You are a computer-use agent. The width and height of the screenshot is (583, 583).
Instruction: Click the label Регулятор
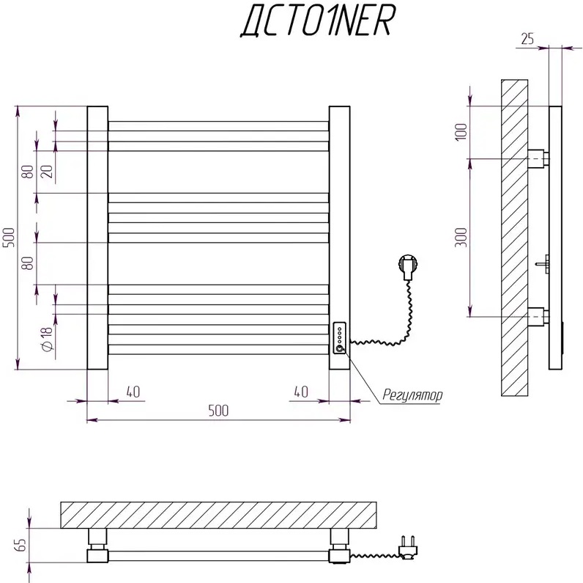click(412, 395)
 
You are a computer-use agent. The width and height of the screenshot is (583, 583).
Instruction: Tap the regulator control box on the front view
click(340, 338)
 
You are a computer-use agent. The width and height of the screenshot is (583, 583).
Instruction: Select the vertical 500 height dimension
click(10, 238)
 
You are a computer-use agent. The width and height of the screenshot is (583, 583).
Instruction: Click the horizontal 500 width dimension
click(218, 411)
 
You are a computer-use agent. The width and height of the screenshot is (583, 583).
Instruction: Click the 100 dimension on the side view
click(461, 132)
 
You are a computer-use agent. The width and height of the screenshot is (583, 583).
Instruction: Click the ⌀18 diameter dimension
click(45, 339)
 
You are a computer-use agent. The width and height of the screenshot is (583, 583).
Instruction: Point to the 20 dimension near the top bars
click(47, 172)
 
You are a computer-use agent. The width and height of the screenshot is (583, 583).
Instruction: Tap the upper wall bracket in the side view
click(538, 158)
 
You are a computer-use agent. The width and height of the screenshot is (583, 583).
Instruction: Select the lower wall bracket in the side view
click(538, 316)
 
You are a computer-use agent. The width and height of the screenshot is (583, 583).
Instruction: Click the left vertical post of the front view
click(97, 238)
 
